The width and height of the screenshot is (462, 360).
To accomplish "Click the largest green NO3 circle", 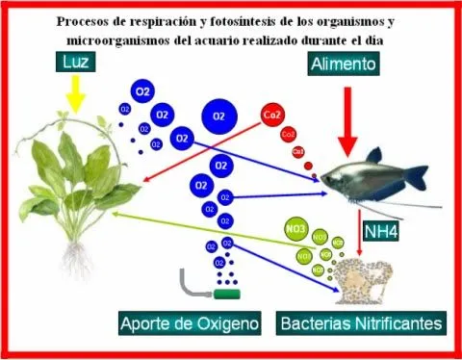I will [x=296, y=232].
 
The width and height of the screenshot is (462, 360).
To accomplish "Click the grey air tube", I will [x=190, y=285].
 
